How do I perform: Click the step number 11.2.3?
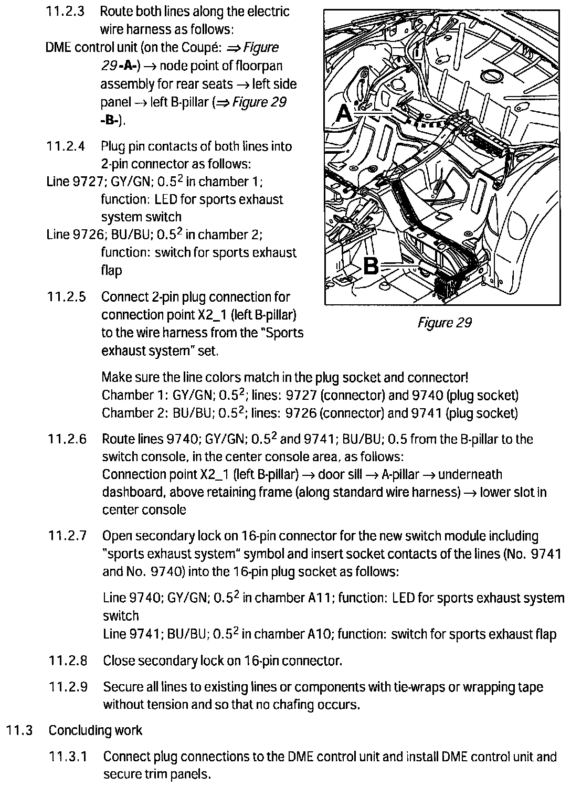pyautogui.click(x=65, y=12)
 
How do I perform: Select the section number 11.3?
pyautogui.click(x=20, y=730)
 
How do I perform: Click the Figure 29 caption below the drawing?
pyautogui.click(x=444, y=322)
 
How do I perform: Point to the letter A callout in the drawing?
pyautogui.click(x=345, y=112)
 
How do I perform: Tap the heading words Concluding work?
pyautogui.click(x=95, y=730)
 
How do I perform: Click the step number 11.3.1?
pyautogui.click(x=68, y=757)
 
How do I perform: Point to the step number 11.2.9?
pyautogui.click(x=68, y=687)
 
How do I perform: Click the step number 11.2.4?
pyautogui.click(x=66, y=146)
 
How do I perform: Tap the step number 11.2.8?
pyautogui.click(x=68, y=661)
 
